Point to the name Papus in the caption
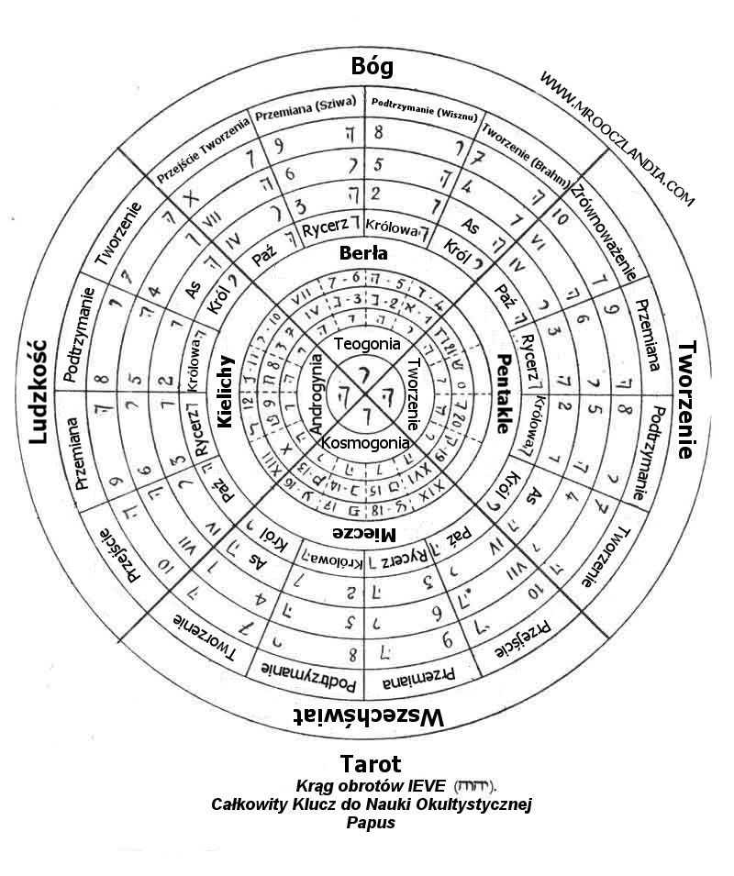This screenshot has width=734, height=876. pyautogui.click(x=371, y=823)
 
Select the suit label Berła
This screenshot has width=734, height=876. pyautogui.click(x=364, y=253)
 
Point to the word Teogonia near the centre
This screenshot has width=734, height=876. pyautogui.click(x=367, y=344)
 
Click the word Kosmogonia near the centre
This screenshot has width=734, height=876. pyautogui.click(x=366, y=443)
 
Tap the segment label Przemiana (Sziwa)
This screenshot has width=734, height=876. pyautogui.click(x=306, y=109)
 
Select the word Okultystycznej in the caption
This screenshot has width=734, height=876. pyautogui.click(x=474, y=804)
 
